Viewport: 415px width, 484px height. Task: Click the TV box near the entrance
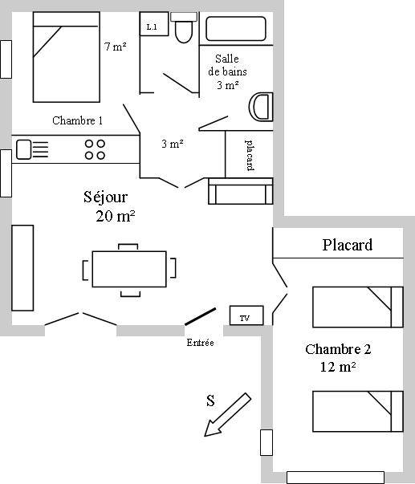(x=246, y=315)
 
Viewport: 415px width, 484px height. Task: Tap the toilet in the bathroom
(x=184, y=27)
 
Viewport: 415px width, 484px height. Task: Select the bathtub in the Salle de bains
(x=236, y=29)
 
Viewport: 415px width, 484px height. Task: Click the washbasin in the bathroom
(x=261, y=107)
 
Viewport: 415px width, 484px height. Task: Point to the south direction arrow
(x=228, y=414)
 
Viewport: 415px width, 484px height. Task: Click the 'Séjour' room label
(x=105, y=197)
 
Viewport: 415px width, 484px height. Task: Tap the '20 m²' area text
(x=115, y=216)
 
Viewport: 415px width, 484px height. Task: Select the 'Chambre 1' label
(x=78, y=120)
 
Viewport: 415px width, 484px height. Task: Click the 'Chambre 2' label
(x=338, y=349)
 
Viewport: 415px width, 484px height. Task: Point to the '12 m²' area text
(x=338, y=367)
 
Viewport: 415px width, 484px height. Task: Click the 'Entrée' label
(x=200, y=342)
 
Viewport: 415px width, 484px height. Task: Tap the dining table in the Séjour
(x=129, y=269)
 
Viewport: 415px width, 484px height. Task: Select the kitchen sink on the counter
(x=24, y=149)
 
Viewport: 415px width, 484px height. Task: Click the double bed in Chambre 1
(x=67, y=57)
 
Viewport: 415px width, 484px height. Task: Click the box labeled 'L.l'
(x=154, y=24)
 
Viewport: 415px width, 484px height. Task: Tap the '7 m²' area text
(x=115, y=47)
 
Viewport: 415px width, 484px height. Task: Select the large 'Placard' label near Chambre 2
(x=348, y=245)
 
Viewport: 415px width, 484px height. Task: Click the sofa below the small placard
(x=241, y=191)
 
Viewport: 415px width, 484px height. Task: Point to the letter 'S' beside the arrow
(x=210, y=401)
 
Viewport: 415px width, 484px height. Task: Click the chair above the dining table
(x=128, y=247)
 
